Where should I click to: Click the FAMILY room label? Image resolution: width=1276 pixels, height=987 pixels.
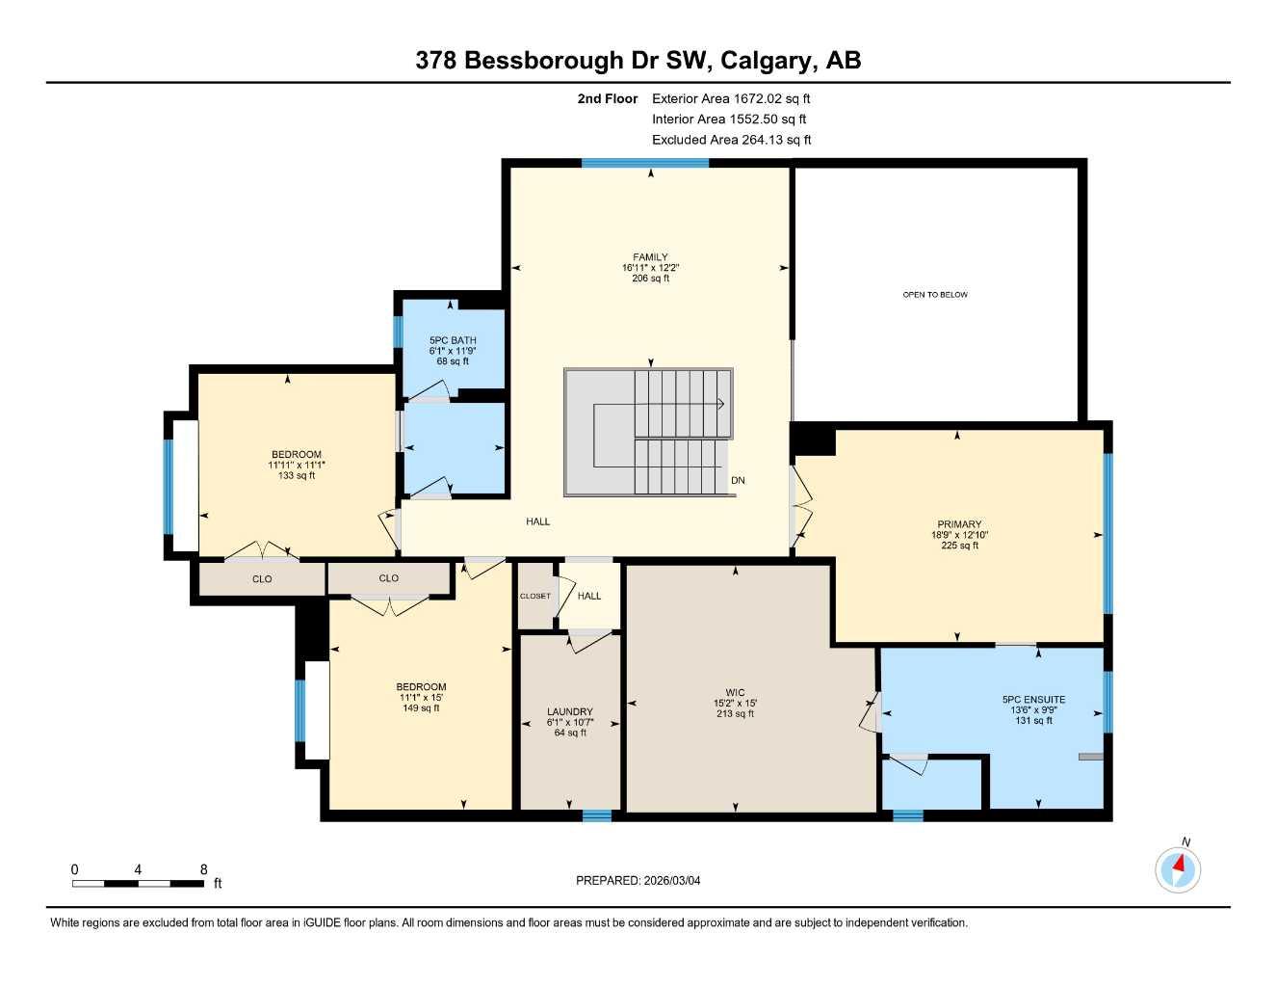pyautogui.click(x=650, y=257)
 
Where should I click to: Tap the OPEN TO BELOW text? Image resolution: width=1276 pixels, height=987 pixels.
pyautogui.click(x=935, y=295)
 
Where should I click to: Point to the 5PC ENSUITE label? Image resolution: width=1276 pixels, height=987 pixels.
pyautogui.click(x=1033, y=700)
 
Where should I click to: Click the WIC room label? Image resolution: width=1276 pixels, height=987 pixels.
pyautogui.click(x=735, y=692)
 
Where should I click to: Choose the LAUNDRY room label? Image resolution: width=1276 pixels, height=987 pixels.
pyautogui.click(x=569, y=711)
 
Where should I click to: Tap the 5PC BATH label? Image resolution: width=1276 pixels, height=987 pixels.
pyautogui.click(x=453, y=340)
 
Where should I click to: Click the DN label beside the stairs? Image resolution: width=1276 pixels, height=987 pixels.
pyautogui.click(x=738, y=480)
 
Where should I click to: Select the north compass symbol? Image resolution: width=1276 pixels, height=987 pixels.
pyautogui.click(x=1178, y=868)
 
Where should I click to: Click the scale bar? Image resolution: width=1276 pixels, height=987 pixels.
pyautogui.click(x=139, y=883)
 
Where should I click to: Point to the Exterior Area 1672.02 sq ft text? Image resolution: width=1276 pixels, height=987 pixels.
pyautogui.click(x=731, y=98)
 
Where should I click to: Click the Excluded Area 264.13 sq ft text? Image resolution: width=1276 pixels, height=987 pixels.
pyautogui.click(x=731, y=140)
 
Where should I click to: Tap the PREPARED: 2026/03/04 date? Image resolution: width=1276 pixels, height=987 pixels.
pyautogui.click(x=638, y=880)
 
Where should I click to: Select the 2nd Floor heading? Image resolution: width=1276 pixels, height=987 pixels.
pyautogui.click(x=607, y=98)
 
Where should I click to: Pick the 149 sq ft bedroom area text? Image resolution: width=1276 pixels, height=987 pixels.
pyautogui.click(x=421, y=708)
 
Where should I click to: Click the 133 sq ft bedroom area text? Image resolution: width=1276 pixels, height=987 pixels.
pyautogui.click(x=297, y=475)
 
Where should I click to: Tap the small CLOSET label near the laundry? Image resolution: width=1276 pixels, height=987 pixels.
pyautogui.click(x=535, y=596)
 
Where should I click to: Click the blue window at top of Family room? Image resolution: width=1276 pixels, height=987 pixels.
pyautogui.click(x=645, y=163)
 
